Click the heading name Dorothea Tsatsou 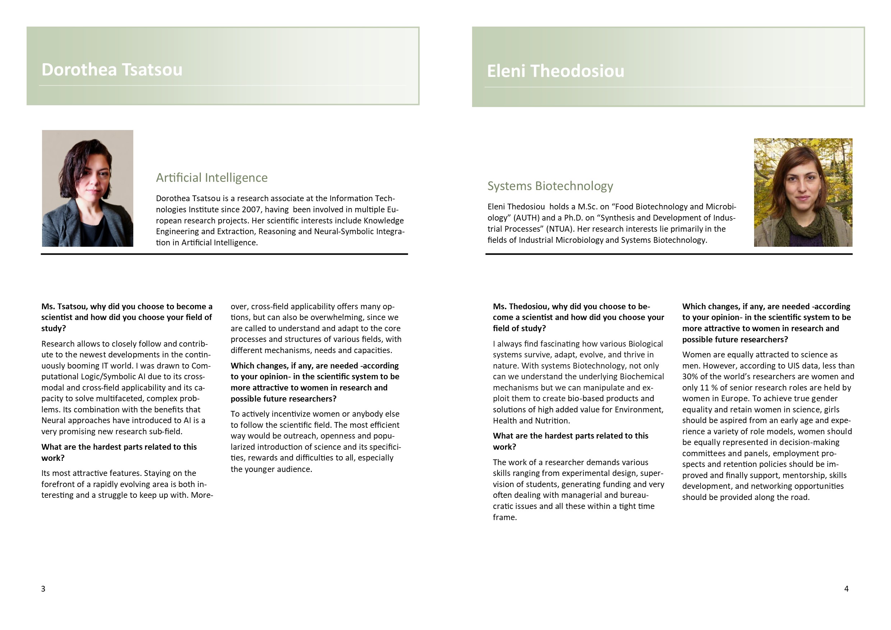point(112,70)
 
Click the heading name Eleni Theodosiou point(555,71)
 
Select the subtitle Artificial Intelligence point(212,178)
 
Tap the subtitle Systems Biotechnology point(550,186)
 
